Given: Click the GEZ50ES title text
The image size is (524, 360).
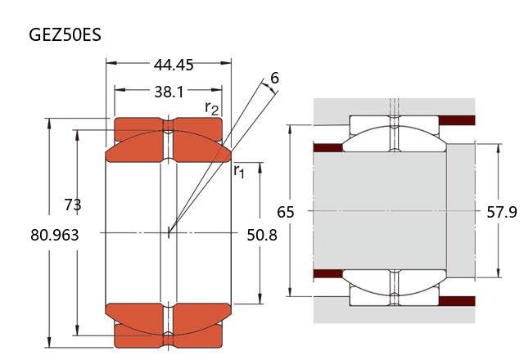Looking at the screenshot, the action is tap(65, 34).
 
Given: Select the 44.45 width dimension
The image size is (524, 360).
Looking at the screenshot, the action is tap(174, 65).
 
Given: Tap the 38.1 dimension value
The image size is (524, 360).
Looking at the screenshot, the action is tap(169, 92).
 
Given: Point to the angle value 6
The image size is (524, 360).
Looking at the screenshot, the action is tap(274, 78).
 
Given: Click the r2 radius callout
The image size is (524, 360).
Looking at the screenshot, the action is tap(211, 108).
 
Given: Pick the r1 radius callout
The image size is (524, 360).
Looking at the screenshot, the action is tap(239, 171).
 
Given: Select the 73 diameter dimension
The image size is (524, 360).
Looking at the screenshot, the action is tap(73, 205).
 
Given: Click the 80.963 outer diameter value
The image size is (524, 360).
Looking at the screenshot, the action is tap(55, 235).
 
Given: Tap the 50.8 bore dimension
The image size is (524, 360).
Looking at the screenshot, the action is tap(262, 235).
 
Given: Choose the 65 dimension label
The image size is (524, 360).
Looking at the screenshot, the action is tap(286, 212).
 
